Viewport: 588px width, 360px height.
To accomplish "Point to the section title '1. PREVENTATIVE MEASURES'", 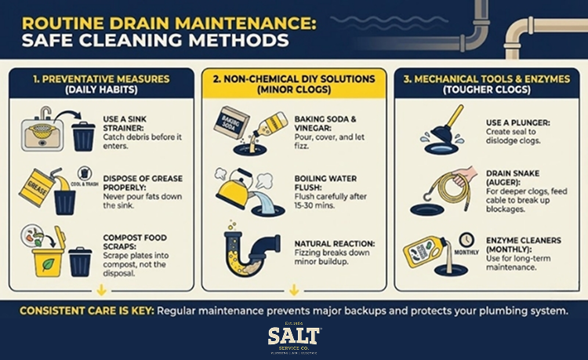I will click(102, 80).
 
